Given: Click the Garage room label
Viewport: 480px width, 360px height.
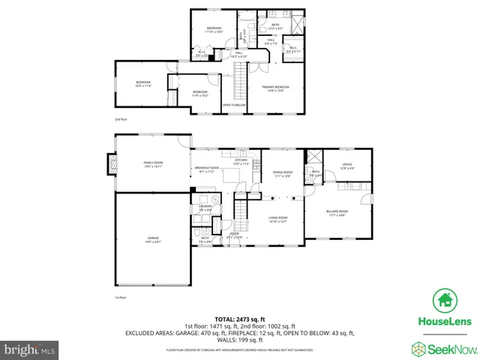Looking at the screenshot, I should click(152, 238).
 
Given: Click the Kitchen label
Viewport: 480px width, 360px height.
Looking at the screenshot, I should click(241, 160).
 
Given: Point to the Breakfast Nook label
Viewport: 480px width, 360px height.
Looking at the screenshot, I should click(205, 168).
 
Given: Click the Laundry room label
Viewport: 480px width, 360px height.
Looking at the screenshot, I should click(205, 206).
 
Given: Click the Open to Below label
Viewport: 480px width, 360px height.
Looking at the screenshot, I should click(234, 104).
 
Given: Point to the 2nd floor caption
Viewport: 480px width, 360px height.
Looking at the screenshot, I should click(121, 119).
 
